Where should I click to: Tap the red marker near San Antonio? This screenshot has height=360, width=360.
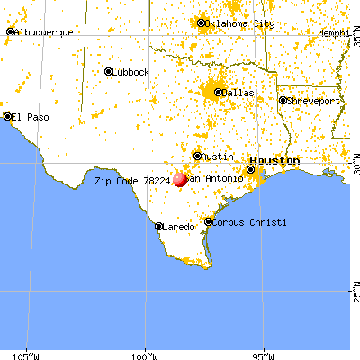(x=180, y=179)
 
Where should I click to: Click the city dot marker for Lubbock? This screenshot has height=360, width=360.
(x=107, y=72)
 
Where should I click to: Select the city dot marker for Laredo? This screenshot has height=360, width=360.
(x=159, y=227)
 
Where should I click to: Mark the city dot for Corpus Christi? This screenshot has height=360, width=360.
(x=208, y=221)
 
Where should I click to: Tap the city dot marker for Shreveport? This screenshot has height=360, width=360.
(x=282, y=101)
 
